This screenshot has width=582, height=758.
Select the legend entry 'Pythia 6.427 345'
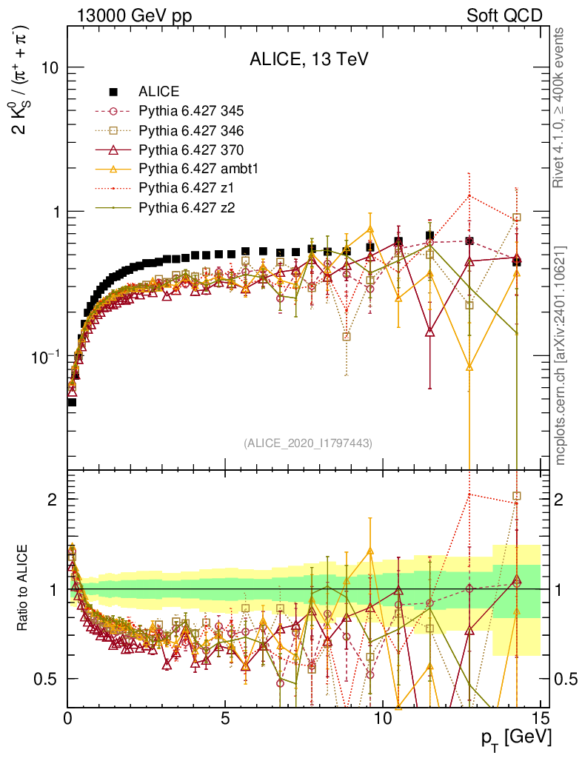[x=191, y=111]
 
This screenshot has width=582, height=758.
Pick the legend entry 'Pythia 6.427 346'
[x=191, y=130]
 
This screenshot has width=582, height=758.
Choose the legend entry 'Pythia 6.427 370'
[x=191, y=150]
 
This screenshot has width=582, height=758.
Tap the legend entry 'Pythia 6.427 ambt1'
[x=198, y=169]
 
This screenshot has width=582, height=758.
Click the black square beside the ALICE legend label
[x=113, y=92]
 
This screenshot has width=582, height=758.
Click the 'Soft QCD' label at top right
[x=504, y=16]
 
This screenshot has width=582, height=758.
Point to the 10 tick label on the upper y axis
[x=49, y=67]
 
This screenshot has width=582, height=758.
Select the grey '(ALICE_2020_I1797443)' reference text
[x=308, y=443]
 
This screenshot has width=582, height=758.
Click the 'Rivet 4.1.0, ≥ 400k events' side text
[x=561, y=108]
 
